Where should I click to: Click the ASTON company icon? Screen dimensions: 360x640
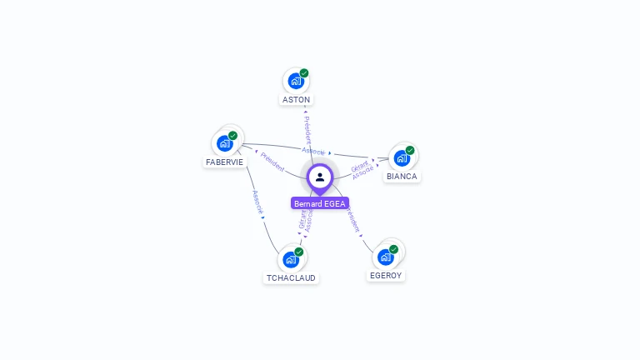coord(295,81)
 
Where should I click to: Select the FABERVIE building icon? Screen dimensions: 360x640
coord(224,143)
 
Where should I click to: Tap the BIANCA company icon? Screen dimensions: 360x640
coord(402,158)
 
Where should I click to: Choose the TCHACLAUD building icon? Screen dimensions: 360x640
coord(291,259)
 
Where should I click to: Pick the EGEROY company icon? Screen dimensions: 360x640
coord(386,257)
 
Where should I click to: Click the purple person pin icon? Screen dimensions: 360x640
coord(320,177)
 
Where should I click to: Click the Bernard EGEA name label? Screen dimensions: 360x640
coord(320,203)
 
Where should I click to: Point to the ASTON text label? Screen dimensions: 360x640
coord(296,100)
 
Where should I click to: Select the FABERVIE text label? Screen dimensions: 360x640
coord(224,162)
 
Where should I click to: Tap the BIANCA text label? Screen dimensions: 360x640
coord(402,177)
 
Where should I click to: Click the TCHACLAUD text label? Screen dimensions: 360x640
coord(291,278)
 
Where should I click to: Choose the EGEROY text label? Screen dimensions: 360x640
coord(386,276)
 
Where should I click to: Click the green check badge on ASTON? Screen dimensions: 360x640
coord(304,73)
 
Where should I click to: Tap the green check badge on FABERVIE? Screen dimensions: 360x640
coord(233,136)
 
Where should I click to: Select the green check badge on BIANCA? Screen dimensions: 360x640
coord(410,151)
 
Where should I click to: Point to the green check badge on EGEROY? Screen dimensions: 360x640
coord(394,249)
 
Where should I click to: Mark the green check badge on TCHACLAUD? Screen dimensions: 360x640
coord(299,252)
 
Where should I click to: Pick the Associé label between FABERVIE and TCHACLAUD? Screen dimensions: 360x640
coord(257,203)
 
